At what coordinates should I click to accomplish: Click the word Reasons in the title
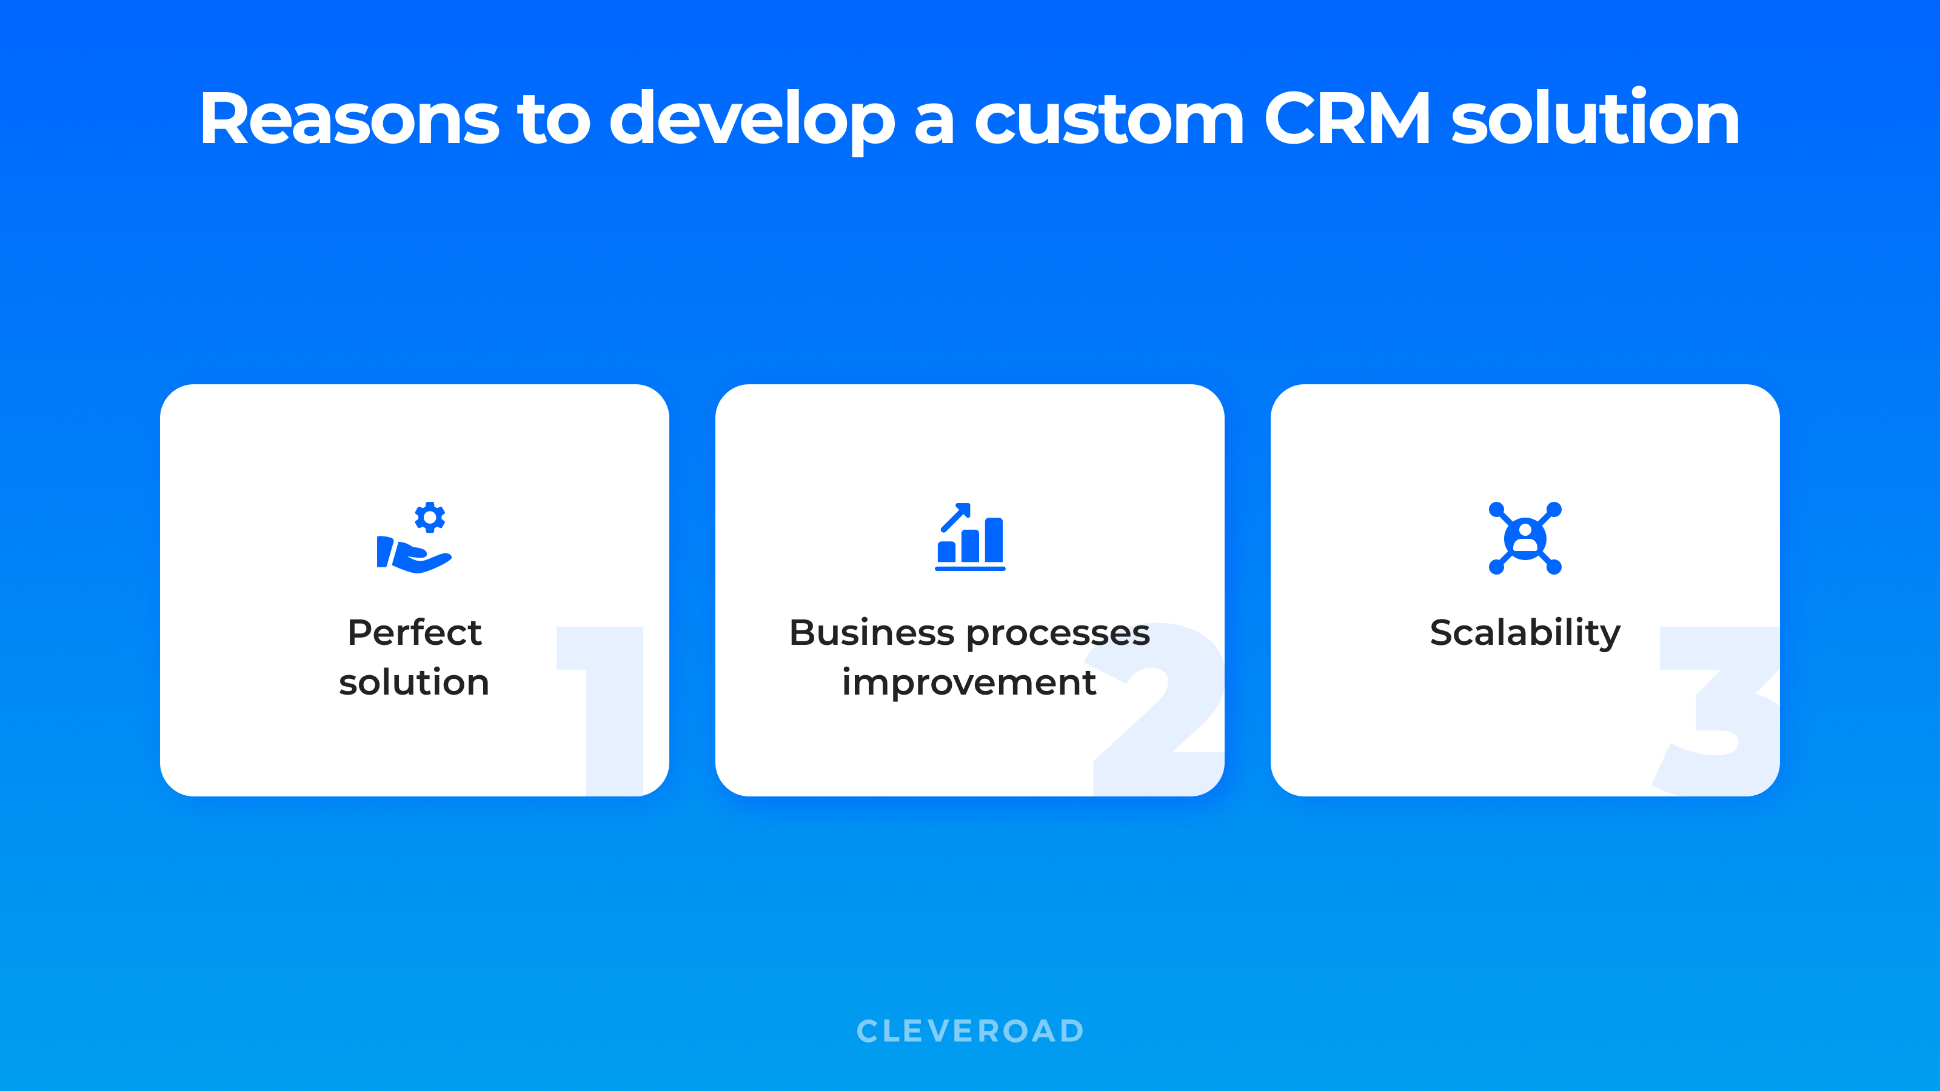(349, 118)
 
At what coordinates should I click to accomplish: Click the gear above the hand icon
(430, 517)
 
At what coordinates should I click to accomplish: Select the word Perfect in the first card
(414, 632)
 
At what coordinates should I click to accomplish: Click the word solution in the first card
(414, 682)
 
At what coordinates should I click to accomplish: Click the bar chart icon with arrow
(970, 537)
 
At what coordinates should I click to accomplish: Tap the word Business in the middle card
(872, 632)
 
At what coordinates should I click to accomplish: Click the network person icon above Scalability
(1525, 538)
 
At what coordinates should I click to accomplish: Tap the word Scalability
(1525, 634)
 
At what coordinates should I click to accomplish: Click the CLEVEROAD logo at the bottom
(970, 1032)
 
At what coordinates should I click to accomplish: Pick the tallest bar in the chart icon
(994, 540)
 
